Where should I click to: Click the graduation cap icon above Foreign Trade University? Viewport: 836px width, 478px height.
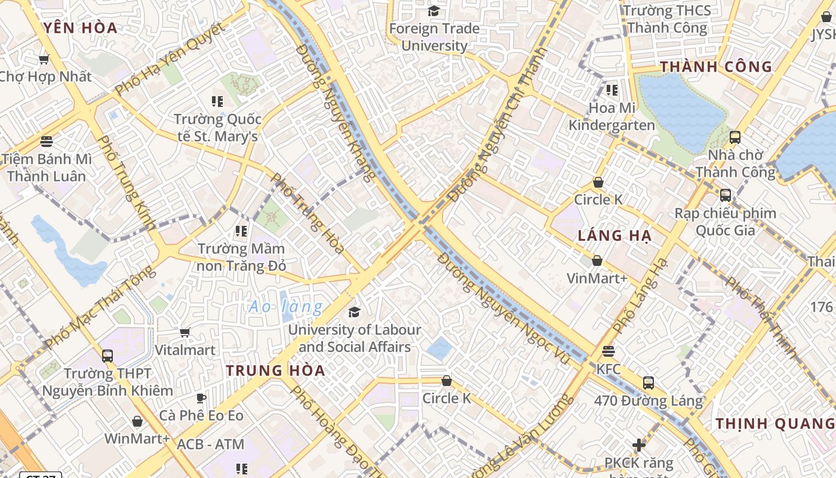click(x=434, y=11)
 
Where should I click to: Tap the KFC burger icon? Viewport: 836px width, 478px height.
click(x=608, y=351)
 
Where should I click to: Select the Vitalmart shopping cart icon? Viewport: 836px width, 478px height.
click(x=185, y=332)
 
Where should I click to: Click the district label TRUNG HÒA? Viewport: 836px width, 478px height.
click(x=275, y=370)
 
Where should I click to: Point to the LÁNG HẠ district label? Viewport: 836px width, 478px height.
click(x=614, y=235)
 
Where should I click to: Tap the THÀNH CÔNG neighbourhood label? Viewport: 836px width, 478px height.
click(x=716, y=66)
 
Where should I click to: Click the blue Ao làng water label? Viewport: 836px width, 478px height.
click(x=286, y=307)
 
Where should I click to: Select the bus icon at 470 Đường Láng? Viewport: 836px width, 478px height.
click(x=648, y=382)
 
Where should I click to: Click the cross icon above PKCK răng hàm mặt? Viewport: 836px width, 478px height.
click(x=639, y=445)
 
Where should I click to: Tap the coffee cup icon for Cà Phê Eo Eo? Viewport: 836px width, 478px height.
click(x=201, y=397)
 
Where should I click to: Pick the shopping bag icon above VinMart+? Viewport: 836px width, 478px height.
click(x=597, y=261)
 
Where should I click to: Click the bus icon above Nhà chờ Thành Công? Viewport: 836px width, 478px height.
click(x=735, y=137)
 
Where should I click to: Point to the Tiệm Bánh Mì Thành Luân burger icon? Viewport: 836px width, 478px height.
click(x=47, y=142)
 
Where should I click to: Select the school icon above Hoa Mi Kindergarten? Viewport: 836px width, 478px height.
click(x=611, y=90)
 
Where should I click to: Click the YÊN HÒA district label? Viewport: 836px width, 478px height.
click(x=81, y=27)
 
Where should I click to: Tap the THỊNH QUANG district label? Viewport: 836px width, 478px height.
click(x=775, y=424)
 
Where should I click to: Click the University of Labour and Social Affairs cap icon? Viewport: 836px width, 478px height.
click(x=354, y=312)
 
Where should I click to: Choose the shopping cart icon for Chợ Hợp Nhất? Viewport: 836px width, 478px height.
click(x=44, y=59)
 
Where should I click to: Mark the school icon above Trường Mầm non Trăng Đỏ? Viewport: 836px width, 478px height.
click(x=241, y=231)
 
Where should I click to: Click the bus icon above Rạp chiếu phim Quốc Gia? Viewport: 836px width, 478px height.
click(x=726, y=195)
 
